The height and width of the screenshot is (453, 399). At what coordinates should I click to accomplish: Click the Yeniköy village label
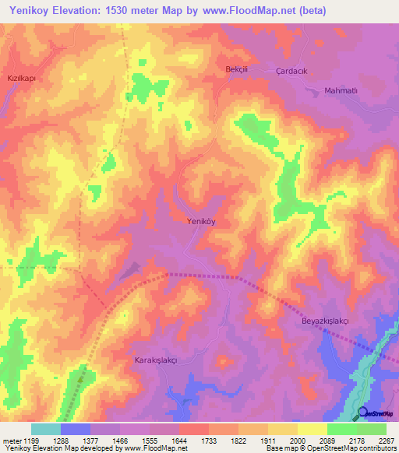coord(202,221)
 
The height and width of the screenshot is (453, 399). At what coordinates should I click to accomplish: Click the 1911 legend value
coord(267,441)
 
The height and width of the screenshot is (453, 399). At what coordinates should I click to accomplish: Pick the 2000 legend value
coord(297,441)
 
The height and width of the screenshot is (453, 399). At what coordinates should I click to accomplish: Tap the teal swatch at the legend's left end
coord(45,429)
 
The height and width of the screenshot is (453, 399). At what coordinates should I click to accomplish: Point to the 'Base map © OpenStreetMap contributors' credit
coord(330,448)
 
